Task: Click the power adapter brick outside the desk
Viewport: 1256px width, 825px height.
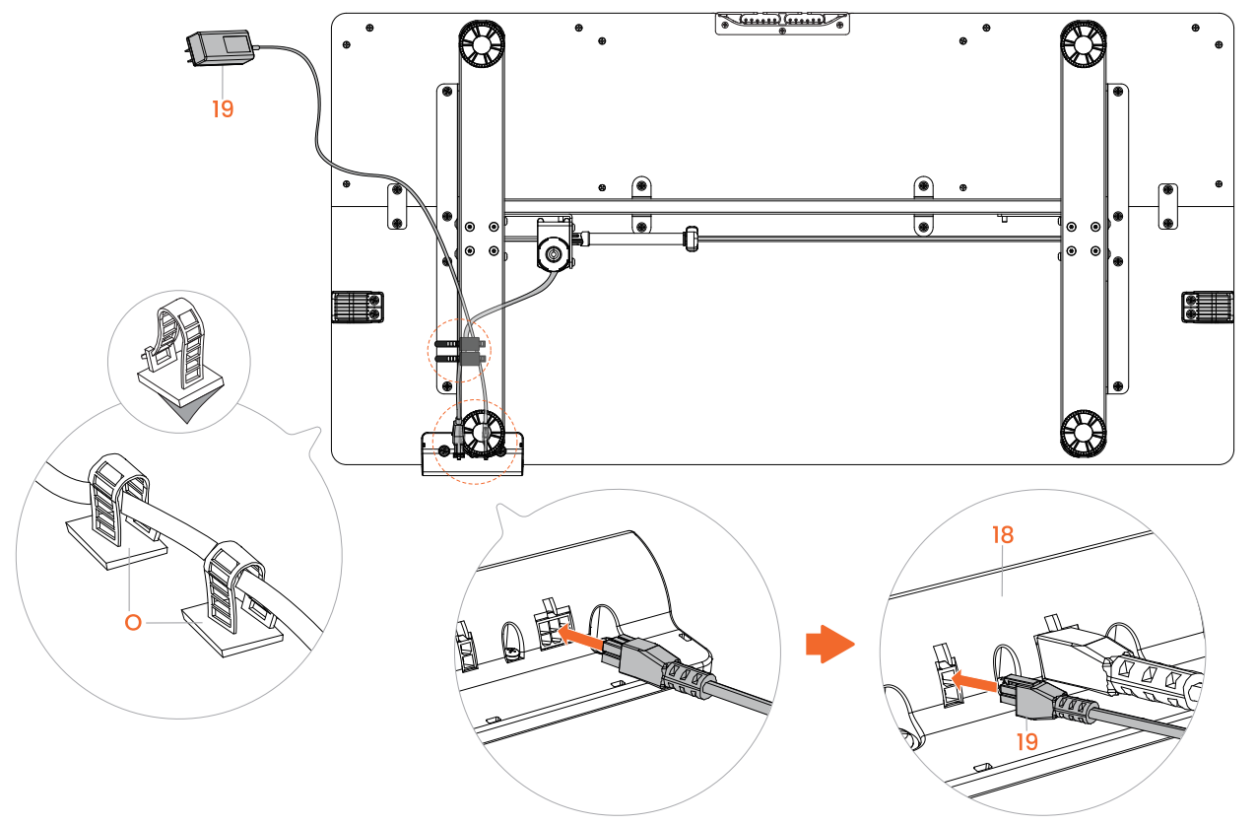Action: coord(222,48)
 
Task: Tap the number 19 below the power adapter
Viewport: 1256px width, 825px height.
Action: coord(223,108)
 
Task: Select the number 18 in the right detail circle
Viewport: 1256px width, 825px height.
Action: coord(1003,535)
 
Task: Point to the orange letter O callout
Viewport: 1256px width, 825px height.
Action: coord(133,622)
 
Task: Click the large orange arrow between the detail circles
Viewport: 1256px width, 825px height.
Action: coord(829,644)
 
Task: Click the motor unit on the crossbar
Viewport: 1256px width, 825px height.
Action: coord(556,245)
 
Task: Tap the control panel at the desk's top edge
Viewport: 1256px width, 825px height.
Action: coord(782,24)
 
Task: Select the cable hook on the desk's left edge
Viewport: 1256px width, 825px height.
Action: coord(358,307)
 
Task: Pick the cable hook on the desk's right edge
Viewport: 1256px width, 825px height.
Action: coord(1207,307)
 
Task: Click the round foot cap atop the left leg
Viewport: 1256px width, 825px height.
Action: coord(482,43)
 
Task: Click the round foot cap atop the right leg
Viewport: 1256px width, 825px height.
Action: coord(1084,43)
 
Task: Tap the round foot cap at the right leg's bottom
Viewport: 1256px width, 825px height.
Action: coord(1084,434)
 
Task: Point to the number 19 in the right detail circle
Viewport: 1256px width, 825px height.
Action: coord(1027,742)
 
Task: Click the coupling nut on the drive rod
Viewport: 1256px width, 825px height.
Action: coord(692,240)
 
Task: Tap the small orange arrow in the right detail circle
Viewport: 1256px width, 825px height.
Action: coord(974,681)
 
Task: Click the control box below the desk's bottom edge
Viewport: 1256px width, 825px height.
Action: coord(472,453)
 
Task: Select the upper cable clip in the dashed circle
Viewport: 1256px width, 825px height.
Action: coord(460,343)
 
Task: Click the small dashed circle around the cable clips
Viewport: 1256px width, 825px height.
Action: coord(459,351)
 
